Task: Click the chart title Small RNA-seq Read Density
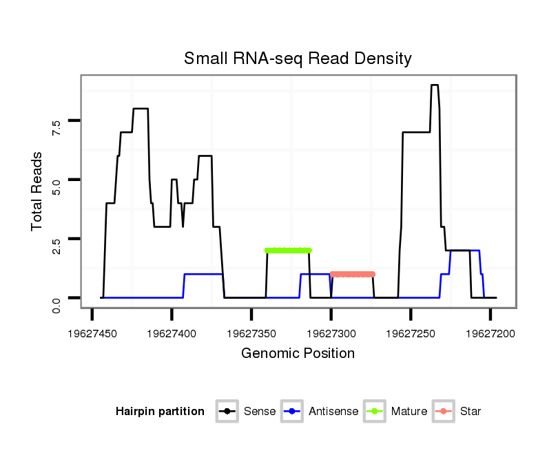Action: click(298, 59)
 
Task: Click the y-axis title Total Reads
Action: click(37, 191)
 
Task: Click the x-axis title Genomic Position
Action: click(298, 354)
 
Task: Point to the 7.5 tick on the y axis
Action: click(56, 121)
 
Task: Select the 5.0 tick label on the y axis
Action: click(56, 180)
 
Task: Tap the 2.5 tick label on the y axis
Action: click(56, 239)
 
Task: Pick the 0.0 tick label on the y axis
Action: click(56, 298)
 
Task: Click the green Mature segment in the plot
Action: click(288, 251)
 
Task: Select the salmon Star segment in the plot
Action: click(353, 274)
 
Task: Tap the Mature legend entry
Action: click(395, 412)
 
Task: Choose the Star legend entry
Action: click(457, 412)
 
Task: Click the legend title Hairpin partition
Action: click(160, 412)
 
